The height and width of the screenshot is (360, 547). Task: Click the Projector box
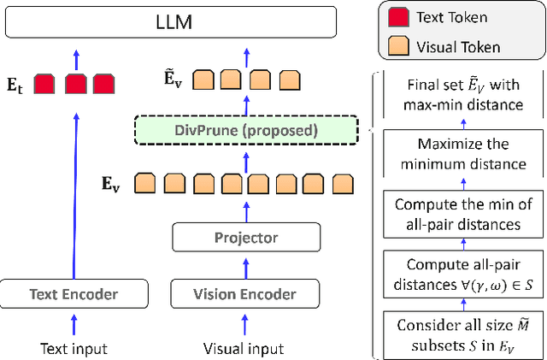pyautogui.click(x=245, y=238)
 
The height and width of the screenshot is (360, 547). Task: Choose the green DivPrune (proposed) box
pyautogui.click(x=245, y=130)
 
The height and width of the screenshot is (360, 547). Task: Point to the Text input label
pyautogui.click(x=74, y=349)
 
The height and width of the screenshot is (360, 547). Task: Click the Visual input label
pyautogui.click(x=244, y=349)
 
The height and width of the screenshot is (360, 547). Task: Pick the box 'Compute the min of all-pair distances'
pyautogui.click(x=462, y=214)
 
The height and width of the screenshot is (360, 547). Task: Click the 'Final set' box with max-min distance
pyautogui.click(x=462, y=95)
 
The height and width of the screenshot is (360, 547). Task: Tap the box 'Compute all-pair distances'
pyautogui.click(x=462, y=274)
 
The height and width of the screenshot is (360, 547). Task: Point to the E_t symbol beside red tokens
pyautogui.click(x=18, y=84)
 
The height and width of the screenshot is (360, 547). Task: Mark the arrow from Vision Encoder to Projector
pyautogui.click(x=245, y=267)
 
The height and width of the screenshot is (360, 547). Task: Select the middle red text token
pyautogui.click(x=74, y=84)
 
